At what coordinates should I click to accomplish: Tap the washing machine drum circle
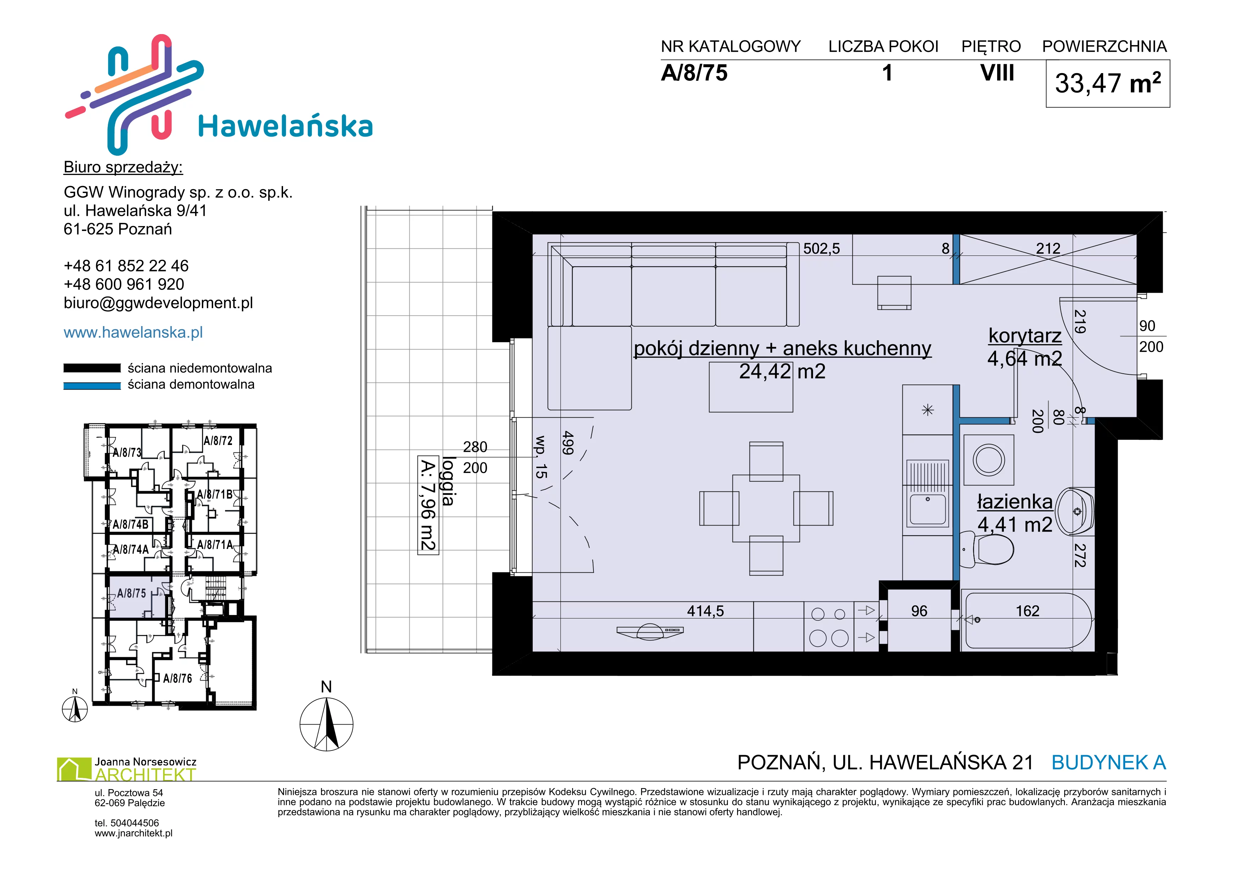(989, 460)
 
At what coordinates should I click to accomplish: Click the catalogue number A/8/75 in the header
(694, 73)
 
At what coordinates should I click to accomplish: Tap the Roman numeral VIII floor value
(997, 73)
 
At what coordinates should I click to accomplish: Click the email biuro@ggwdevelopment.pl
(158, 303)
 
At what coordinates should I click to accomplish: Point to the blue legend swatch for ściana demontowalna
(92, 386)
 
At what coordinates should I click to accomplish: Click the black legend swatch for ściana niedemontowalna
(92, 368)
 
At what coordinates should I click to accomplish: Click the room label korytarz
(1024, 335)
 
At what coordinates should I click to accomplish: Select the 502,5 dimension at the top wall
(822, 249)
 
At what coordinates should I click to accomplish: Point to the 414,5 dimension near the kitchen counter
(706, 611)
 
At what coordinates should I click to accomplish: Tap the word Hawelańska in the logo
(286, 126)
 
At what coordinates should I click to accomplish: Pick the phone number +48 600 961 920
(124, 285)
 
